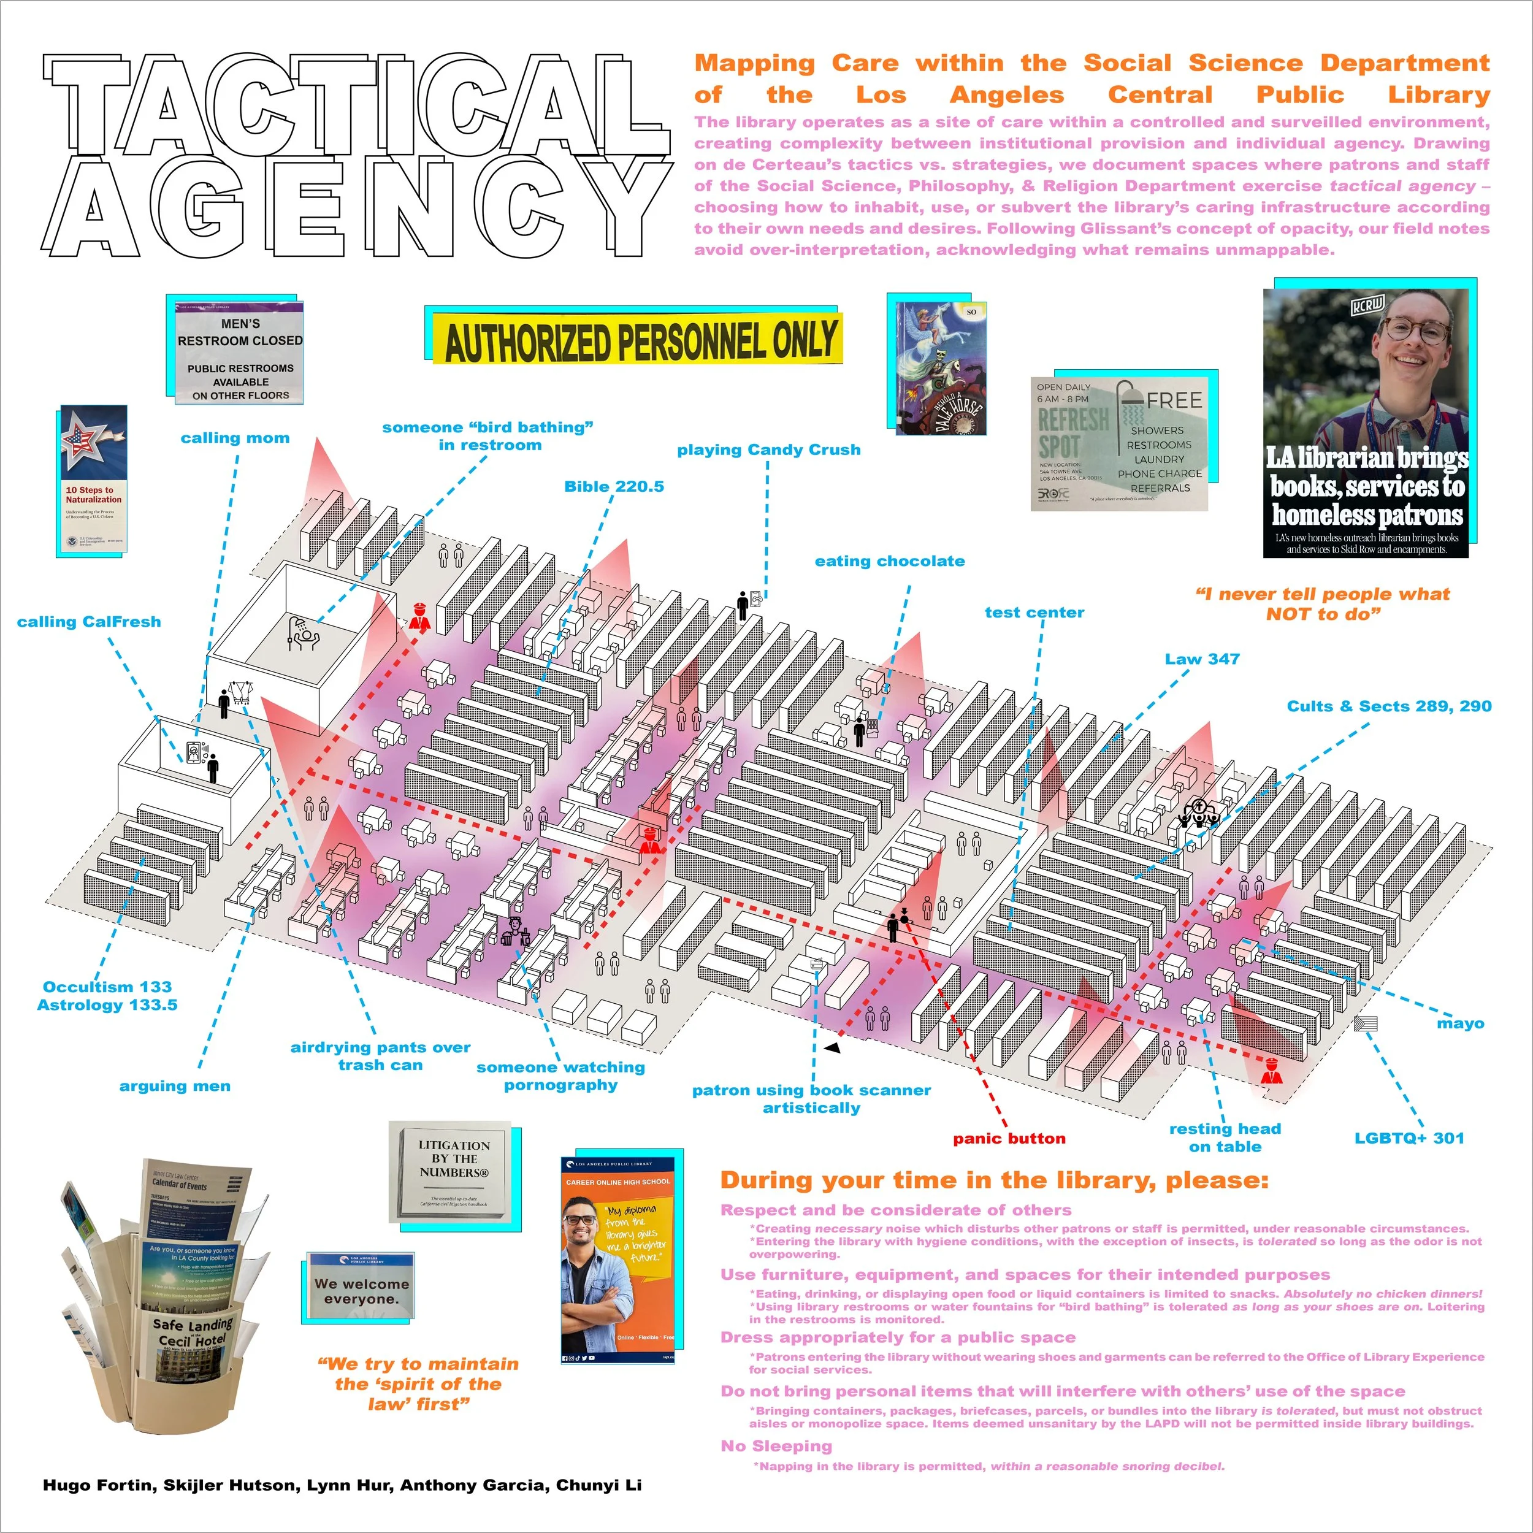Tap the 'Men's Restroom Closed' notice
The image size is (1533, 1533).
[x=240, y=353]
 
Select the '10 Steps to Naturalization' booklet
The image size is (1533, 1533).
[x=93, y=480]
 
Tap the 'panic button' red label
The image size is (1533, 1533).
[x=1009, y=1138]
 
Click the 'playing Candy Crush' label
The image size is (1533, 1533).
[x=768, y=450]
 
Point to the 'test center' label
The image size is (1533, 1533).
[x=1034, y=613]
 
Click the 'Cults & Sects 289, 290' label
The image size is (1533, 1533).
[x=1388, y=706]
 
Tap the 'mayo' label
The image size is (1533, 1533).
[x=1460, y=1023]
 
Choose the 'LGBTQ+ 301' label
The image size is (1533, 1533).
[x=1409, y=1138]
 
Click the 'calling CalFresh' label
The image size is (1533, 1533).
[x=89, y=622]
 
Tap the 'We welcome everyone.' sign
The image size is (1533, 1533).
[x=362, y=1290]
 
